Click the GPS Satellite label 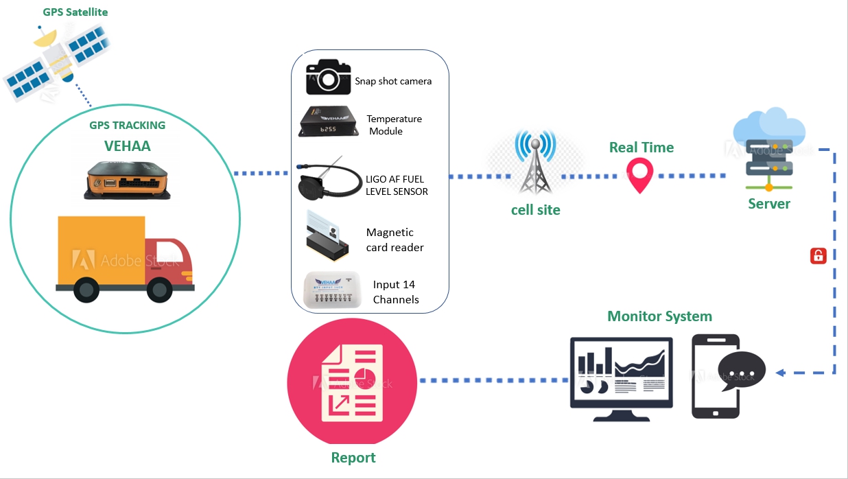[x=75, y=12]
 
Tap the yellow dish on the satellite [x=45, y=38]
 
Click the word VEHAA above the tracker [x=127, y=146]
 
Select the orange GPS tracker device [x=127, y=180]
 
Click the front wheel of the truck [x=159, y=290]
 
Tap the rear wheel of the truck [x=86, y=290]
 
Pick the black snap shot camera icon [x=328, y=77]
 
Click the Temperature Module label [x=394, y=125]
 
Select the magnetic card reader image [x=327, y=236]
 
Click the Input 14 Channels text [x=396, y=292]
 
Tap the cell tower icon [x=535, y=162]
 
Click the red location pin [x=640, y=175]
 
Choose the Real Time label [x=641, y=148]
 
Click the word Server [x=769, y=204]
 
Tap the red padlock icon [x=818, y=256]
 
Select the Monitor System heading [x=659, y=316]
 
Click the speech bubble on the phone [x=742, y=371]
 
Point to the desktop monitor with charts [x=621, y=379]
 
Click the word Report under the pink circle [x=353, y=458]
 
